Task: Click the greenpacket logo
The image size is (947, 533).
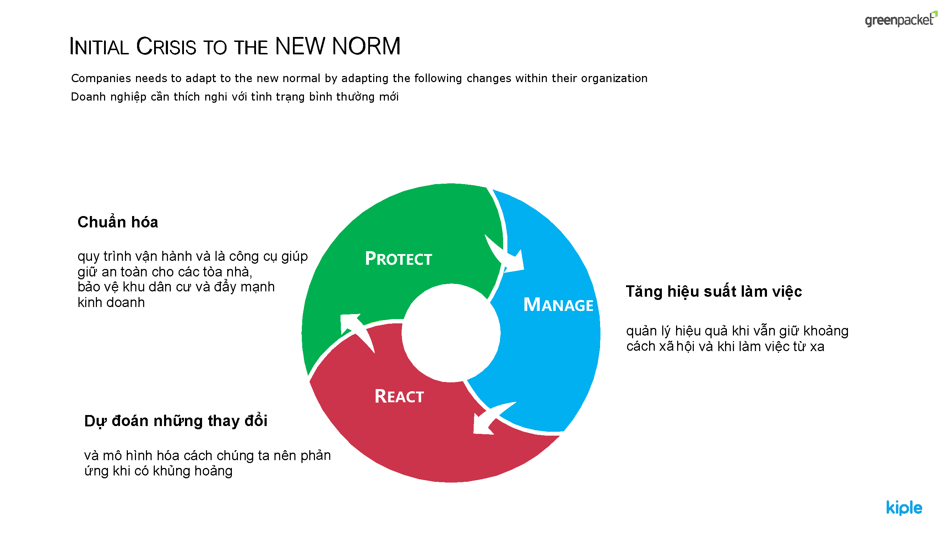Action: tap(901, 19)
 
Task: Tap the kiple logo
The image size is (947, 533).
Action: tap(904, 508)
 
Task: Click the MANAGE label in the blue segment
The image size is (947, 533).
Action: tap(558, 305)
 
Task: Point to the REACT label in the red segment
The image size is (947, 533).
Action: tap(399, 396)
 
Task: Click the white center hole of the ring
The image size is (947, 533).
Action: tap(451, 333)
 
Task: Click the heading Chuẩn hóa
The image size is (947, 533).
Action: tap(118, 222)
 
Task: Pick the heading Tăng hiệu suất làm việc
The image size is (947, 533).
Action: tap(714, 291)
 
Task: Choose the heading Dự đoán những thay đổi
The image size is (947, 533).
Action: tap(176, 421)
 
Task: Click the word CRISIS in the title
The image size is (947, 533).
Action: tap(166, 47)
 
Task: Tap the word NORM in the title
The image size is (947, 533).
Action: tap(366, 46)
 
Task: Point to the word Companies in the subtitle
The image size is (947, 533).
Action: tap(101, 78)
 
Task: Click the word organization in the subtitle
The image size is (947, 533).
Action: tap(614, 78)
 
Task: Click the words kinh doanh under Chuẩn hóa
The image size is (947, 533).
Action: tap(111, 302)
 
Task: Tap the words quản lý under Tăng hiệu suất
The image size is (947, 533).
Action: tap(649, 331)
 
